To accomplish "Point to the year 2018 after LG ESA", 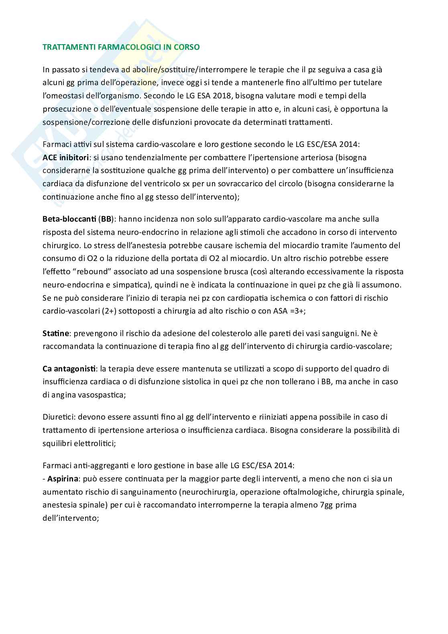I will (x=217, y=96).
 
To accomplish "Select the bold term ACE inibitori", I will (x=66, y=157).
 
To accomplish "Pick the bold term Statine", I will (x=56, y=333).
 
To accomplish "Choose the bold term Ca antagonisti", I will (x=69, y=368).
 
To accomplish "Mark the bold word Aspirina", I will (x=63, y=479).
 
